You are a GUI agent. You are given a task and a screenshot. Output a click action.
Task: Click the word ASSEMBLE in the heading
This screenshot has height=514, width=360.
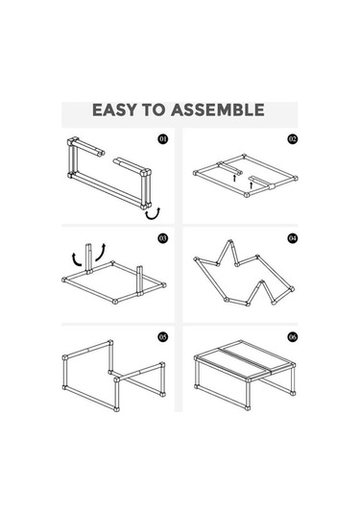click(218, 110)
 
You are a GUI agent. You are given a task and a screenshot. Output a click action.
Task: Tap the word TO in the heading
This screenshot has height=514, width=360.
click(154, 110)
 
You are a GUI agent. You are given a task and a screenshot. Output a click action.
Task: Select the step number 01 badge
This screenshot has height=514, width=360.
click(163, 139)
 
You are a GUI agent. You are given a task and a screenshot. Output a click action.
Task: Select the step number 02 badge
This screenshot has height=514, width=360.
click(293, 139)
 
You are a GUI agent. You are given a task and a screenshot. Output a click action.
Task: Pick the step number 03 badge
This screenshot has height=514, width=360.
click(163, 238)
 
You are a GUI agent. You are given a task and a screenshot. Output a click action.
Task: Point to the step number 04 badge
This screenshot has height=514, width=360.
click(293, 238)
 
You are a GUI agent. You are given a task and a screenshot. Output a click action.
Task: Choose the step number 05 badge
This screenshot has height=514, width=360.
click(163, 336)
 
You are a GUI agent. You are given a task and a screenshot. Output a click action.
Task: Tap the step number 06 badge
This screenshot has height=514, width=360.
click(293, 336)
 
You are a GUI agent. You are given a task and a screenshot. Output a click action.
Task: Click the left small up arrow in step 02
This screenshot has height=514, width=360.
click(234, 178)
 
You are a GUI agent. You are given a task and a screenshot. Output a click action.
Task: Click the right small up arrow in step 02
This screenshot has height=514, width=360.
click(252, 185)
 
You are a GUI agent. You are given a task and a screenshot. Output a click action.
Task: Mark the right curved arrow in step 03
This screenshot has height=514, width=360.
click(101, 253)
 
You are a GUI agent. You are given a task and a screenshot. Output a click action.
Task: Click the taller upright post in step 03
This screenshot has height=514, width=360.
click(88, 258)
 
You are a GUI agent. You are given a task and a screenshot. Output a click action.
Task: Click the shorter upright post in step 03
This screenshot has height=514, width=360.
click(140, 281)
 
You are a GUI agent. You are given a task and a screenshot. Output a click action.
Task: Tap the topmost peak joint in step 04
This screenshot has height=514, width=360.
click(231, 242)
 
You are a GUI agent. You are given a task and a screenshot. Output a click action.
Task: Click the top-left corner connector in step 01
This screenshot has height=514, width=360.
click(72, 141)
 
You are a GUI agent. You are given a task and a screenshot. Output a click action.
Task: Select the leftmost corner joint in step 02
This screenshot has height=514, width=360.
click(196, 173)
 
